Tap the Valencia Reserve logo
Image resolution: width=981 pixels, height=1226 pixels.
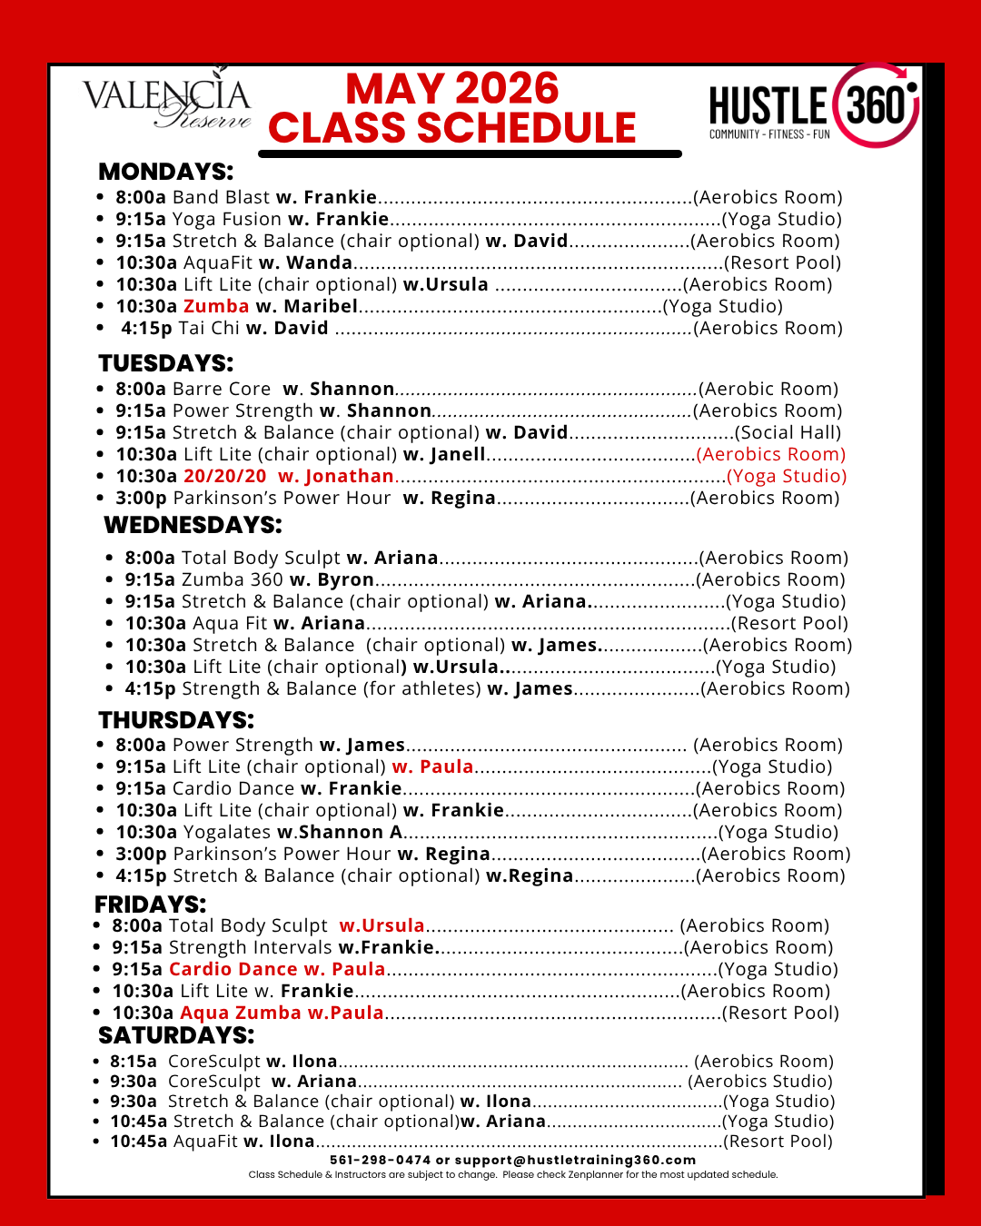(167, 102)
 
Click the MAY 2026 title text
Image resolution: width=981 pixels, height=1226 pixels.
(452, 89)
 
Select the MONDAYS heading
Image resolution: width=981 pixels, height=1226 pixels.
(165, 172)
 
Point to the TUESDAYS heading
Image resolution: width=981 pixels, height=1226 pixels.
(165, 363)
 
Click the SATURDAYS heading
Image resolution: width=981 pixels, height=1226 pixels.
(176, 1035)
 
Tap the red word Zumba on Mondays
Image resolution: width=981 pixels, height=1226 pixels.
(216, 306)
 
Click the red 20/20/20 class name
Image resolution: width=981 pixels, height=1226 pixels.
(225, 476)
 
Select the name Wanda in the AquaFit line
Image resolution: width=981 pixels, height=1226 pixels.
(319, 262)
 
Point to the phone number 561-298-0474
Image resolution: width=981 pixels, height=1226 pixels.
(380, 1160)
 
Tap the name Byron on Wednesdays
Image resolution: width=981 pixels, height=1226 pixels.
(345, 579)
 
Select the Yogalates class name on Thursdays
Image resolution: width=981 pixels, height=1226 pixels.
(227, 832)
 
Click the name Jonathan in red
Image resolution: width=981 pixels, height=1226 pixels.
(349, 476)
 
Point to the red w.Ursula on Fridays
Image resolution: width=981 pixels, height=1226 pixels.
(381, 925)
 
